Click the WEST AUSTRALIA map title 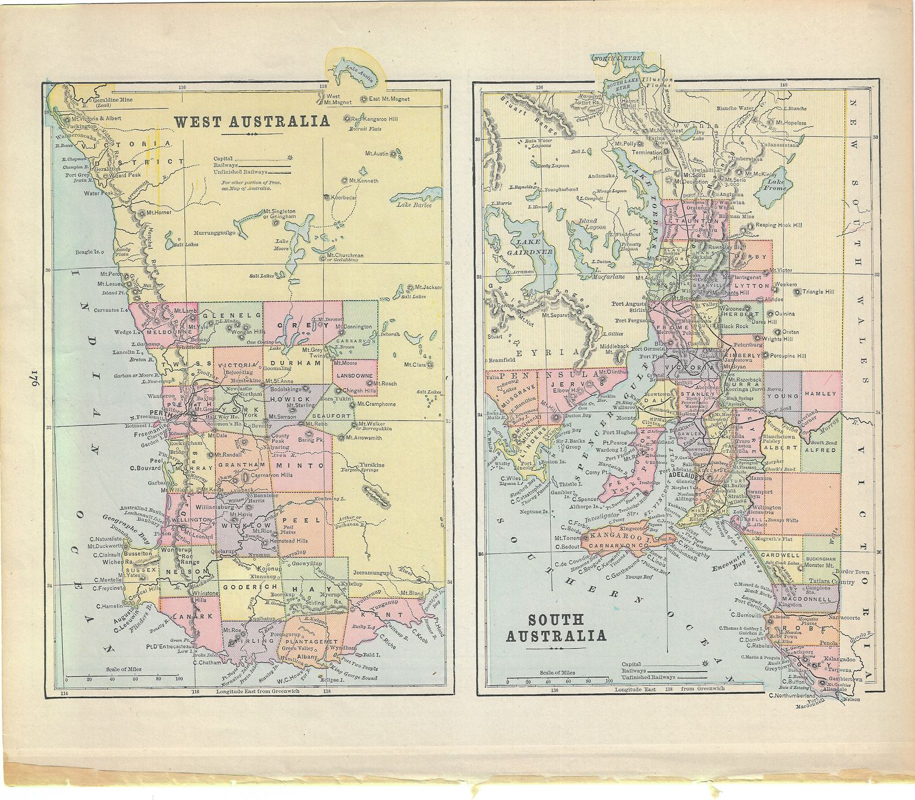(x=252, y=121)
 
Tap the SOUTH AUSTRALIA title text (x=555, y=628)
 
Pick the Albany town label (x=308, y=657)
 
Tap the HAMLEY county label (x=820, y=394)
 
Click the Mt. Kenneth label (x=364, y=181)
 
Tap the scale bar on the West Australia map (x=122, y=677)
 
